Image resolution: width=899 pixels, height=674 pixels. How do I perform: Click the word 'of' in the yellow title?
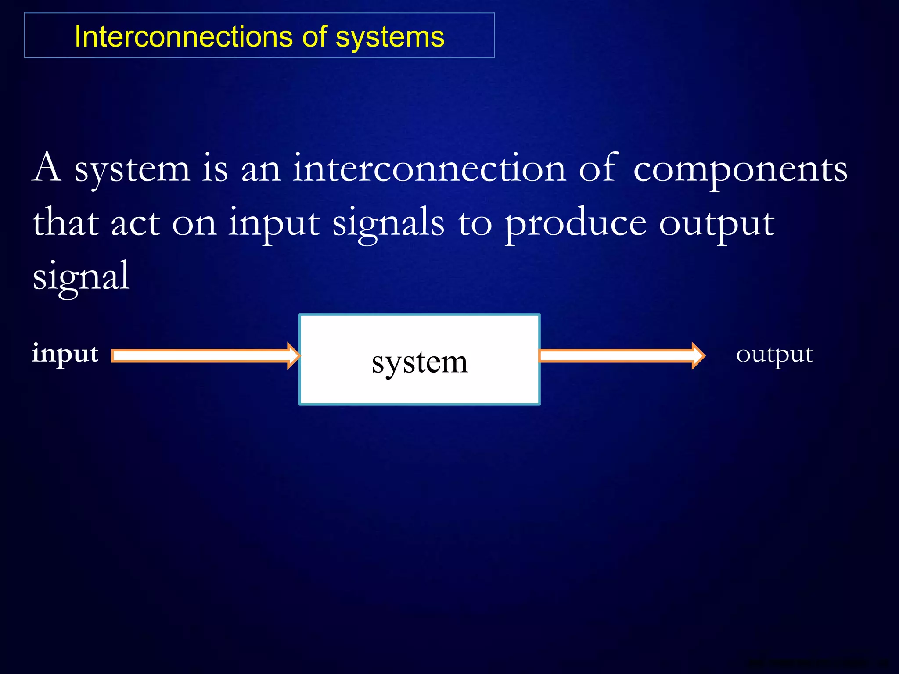[314, 36]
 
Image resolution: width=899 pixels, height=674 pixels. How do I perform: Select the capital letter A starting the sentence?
[47, 168]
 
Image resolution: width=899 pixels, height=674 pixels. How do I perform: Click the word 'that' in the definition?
[66, 222]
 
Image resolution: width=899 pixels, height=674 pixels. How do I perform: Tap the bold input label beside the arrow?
[65, 354]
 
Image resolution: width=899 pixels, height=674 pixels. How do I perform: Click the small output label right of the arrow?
[774, 355]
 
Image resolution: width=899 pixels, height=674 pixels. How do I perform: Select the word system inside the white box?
[420, 363]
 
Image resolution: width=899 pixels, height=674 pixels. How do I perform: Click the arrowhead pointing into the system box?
[293, 356]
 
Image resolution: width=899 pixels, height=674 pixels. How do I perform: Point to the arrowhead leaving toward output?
[698, 356]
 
